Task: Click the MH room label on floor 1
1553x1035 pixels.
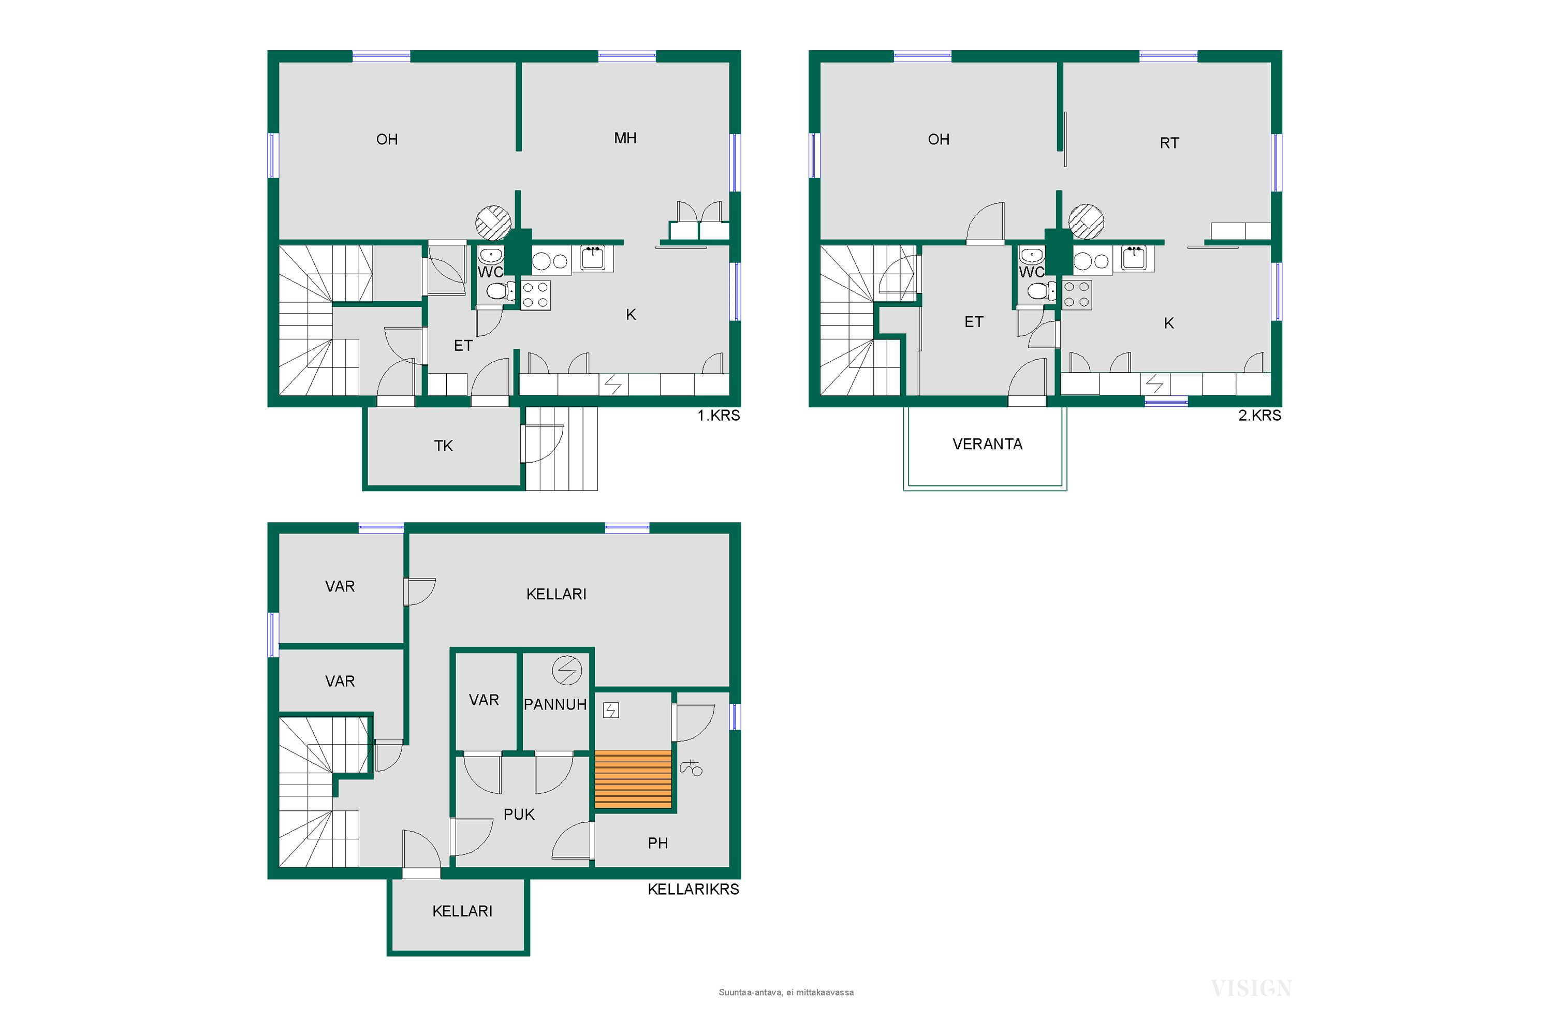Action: tap(625, 138)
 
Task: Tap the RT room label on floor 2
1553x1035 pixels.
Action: tap(1169, 143)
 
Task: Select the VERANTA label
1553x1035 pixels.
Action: tap(987, 444)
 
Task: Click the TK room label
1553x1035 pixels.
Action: tap(443, 446)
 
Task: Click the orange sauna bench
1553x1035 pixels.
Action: tap(633, 779)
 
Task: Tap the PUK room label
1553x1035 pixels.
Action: tap(519, 815)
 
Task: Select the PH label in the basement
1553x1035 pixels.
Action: tap(657, 843)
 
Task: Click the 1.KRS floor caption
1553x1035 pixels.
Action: tap(719, 416)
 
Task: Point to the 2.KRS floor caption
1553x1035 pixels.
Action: tap(1259, 416)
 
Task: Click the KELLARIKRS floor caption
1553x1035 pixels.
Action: tap(693, 889)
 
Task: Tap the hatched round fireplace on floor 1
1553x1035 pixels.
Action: tap(493, 223)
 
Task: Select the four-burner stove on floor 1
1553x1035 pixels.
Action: tap(535, 295)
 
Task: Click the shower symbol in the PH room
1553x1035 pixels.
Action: tap(691, 767)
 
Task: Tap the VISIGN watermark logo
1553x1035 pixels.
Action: tap(1251, 988)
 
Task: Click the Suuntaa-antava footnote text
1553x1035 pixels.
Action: tap(786, 992)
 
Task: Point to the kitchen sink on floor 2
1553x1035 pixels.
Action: tap(1134, 258)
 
